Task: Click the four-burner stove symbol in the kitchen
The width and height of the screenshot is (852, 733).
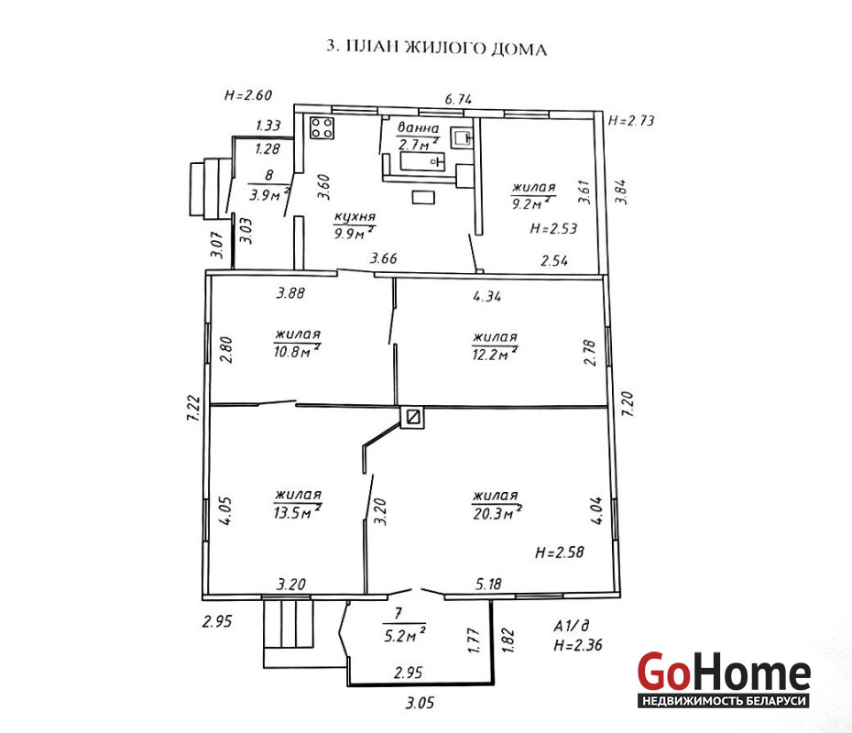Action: pos(322,128)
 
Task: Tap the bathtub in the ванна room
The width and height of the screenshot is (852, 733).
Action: pos(422,161)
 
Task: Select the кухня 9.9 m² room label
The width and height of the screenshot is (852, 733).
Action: pos(355,225)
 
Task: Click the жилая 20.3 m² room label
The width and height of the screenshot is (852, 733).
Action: pos(497,505)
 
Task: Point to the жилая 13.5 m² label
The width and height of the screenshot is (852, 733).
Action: pos(298,504)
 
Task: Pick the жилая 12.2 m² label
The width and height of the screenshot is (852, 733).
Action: pos(495,346)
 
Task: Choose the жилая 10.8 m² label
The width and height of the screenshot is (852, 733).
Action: pos(297,344)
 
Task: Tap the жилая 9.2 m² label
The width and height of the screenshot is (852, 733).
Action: pos(533,195)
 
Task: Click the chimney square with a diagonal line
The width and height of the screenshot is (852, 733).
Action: pos(412,417)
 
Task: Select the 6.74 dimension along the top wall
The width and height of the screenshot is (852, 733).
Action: pos(458,99)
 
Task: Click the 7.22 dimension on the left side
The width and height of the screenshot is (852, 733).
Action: pos(193,408)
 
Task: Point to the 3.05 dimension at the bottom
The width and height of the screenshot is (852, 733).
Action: pos(420,703)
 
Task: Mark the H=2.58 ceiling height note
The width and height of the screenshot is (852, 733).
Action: pos(559,552)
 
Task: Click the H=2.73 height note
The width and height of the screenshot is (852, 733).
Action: pos(631,120)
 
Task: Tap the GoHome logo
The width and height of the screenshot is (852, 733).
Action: pos(724,680)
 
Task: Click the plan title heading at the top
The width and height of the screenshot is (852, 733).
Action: pos(436,48)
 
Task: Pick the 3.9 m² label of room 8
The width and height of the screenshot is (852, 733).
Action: pos(269,193)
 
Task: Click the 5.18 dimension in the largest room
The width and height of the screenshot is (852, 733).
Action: pos(488,585)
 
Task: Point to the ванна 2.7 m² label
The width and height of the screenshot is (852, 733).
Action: pos(418,137)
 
